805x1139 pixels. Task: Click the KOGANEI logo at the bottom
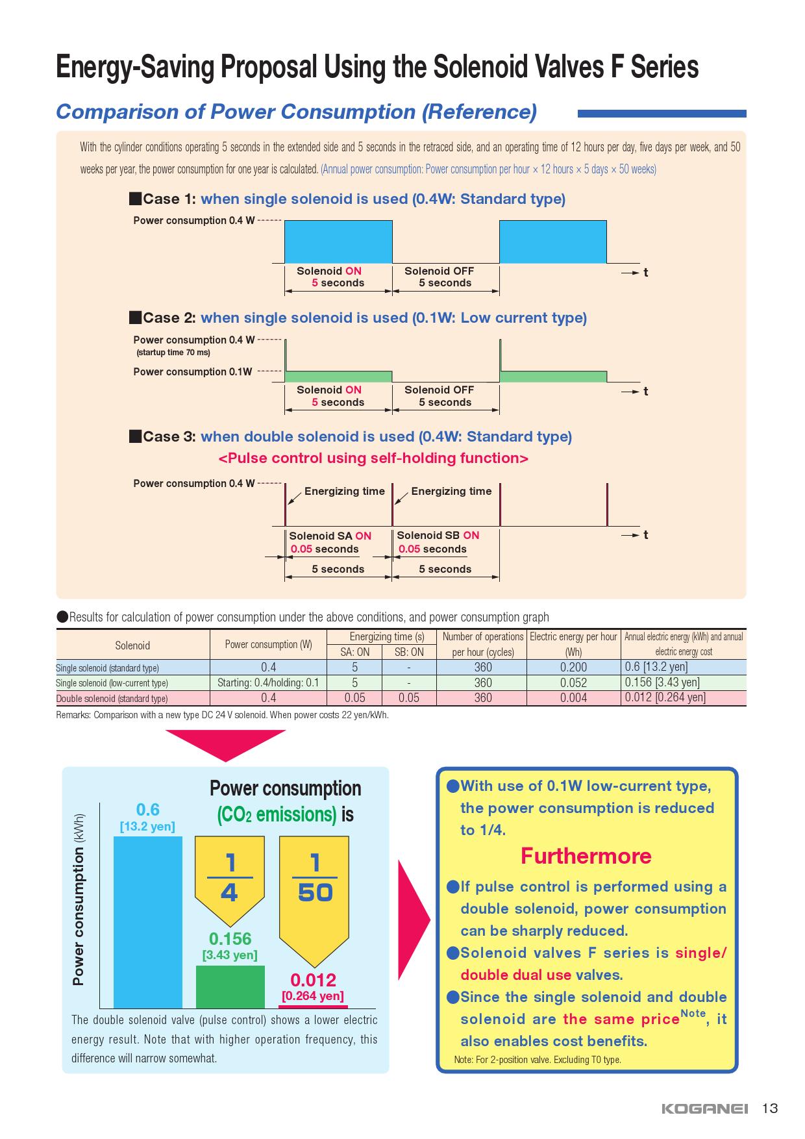coord(704,1108)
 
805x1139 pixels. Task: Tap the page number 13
coord(769,1108)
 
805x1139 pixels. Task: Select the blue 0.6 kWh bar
coord(148,921)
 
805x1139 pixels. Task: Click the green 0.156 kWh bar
coord(230,986)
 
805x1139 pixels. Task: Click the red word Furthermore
coord(586,856)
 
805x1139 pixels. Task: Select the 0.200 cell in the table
coord(573,668)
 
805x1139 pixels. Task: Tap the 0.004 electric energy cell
coord(573,698)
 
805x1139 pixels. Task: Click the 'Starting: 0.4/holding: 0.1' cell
coord(268,682)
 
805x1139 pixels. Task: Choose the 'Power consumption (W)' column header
coord(268,645)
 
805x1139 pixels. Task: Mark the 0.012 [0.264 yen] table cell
coord(665,697)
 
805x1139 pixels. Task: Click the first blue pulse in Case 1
coord(338,242)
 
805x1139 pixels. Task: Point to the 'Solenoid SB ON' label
coord(438,535)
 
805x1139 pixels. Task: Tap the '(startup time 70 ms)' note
coord(173,353)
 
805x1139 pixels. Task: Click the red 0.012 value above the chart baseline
coord(313,980)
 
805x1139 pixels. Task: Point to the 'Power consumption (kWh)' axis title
coord(79,899)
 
